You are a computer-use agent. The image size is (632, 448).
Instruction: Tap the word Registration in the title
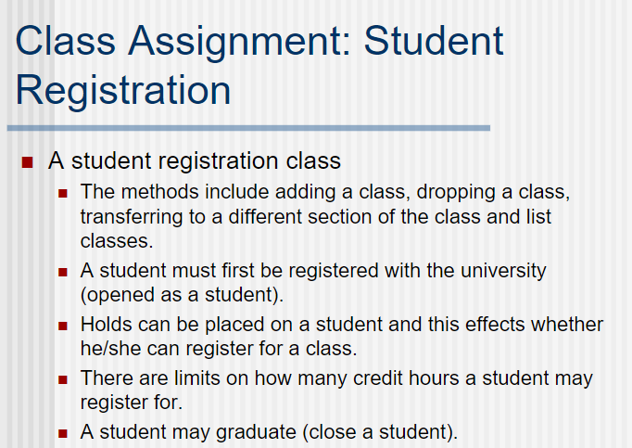[123, 90]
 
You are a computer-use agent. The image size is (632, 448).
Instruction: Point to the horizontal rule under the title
[248, 127]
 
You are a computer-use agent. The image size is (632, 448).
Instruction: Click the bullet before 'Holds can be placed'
[63, 326]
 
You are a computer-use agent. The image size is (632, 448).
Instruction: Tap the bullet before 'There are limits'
[63, 380]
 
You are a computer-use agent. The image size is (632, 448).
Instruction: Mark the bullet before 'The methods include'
[63, 194]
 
